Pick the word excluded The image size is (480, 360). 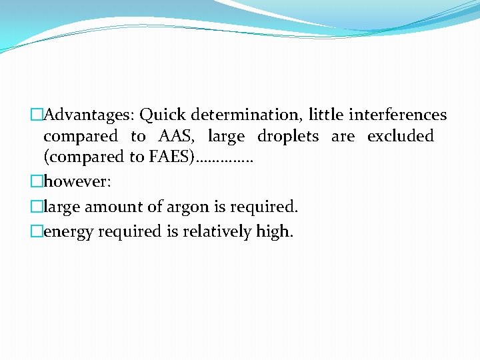(x=400, y=137)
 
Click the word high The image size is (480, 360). (x=276, y=231)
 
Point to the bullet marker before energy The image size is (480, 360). (x=37, y=232)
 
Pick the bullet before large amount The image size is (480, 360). (x=37, y=207)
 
